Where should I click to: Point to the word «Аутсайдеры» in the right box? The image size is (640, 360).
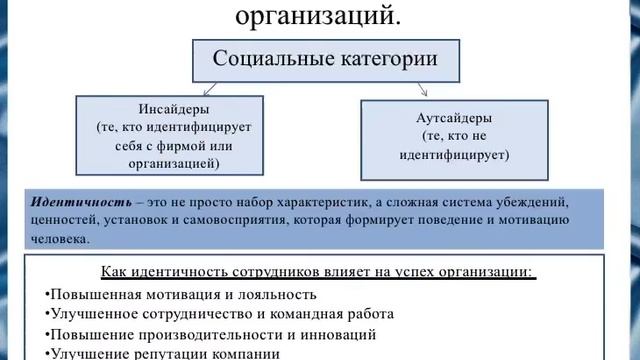pos(465,118)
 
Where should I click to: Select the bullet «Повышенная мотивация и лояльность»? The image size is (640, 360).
pos(180,294)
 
